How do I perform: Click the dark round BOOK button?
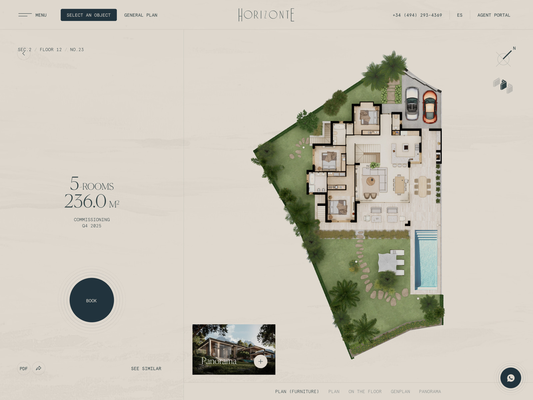tap(92, 300)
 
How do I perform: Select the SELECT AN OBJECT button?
tap(89, 15)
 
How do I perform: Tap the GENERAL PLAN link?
tap(141, 15)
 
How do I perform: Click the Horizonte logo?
tap(266, 15)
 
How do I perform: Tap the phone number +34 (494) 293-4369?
tap(417, 15)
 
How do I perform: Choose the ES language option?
tap(460, 15)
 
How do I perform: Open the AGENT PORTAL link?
tap(494, 15)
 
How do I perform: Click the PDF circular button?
tap(24, 368)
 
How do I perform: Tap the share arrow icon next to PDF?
tap(39, 368)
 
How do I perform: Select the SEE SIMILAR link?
tap(146, 368)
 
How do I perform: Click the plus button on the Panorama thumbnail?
tap(261, 361)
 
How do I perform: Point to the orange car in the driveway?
tap(430, 107)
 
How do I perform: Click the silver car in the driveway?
tap(412, 103)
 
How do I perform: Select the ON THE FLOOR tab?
tap(365, 391)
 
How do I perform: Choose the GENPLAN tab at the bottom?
tap(400, 391)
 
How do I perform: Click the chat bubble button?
tap(510, 378)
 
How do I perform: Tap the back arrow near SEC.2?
tap(24, 54)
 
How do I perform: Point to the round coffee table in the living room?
tap(370, 181)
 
